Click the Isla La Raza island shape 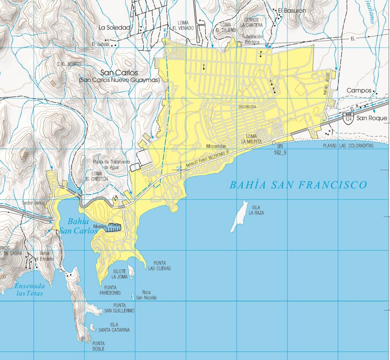tap(238, 217)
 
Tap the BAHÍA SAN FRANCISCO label tap(298, 185)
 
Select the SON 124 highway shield tap(347, 117)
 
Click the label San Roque tap(372, 118)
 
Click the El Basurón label tap(292, 11)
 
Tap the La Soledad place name tap(114, 27)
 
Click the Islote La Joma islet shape tap(131, 271)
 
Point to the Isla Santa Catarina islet tap(93, 327)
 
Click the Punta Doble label tap(98, 346)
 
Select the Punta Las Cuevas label tap(162, 265)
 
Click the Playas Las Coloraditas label tap(348, 146)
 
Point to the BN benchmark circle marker tap(273, 143)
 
